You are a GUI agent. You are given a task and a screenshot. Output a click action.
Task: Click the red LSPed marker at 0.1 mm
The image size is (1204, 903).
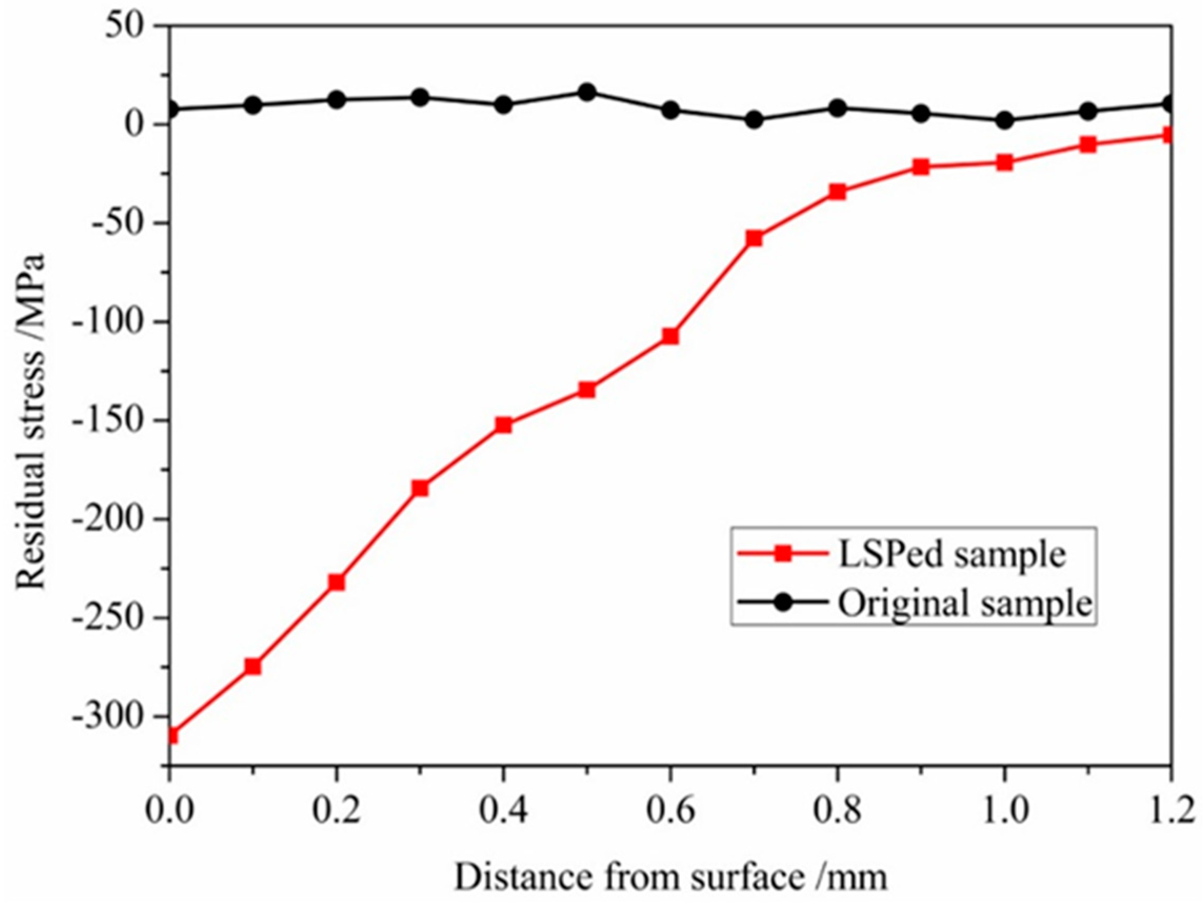(x=253, y=666)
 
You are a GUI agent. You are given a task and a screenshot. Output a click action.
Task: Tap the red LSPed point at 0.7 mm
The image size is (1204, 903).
(x=754, y=238)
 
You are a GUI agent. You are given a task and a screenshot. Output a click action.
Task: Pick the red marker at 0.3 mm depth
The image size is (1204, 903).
(x=419, y=488)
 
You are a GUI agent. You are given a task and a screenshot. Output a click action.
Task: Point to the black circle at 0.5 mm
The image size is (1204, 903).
(x=586, y=92)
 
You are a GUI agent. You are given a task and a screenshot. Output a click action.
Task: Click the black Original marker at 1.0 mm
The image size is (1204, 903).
(x=1004, y=121)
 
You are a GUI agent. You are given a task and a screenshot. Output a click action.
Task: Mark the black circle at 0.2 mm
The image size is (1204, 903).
(x=336, y=100)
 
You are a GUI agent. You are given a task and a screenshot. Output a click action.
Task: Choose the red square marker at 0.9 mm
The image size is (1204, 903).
(x=920, y=167)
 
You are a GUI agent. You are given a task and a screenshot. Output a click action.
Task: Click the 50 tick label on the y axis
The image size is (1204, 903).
(x=133, y=26)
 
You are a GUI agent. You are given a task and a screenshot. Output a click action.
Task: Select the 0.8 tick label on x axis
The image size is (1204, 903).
(x=837, y=812)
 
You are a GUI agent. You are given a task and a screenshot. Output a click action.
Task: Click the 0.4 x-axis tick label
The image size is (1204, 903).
(x=503, y=812)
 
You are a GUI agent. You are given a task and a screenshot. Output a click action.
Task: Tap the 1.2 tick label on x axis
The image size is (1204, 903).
(x=1170, y=812)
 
